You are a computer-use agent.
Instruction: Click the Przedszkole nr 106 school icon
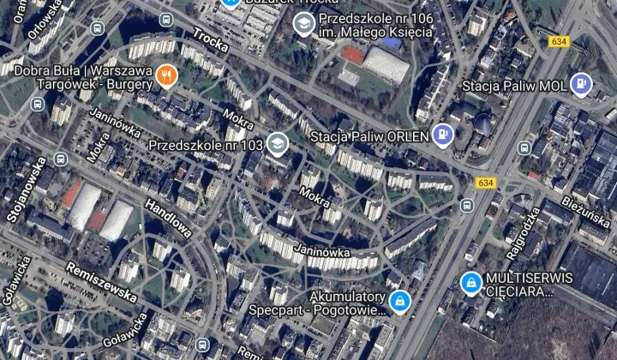coord(303,23)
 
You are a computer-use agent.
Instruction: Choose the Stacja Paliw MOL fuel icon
coord(582,84)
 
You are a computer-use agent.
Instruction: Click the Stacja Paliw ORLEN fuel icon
coord(442,134)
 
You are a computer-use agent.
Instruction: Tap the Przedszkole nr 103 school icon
coord(276,144)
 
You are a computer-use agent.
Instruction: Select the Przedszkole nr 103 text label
coord(206,145)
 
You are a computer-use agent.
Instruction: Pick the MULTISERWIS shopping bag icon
coord(470,282)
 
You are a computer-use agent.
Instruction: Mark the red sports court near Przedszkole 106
coord(351,53)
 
